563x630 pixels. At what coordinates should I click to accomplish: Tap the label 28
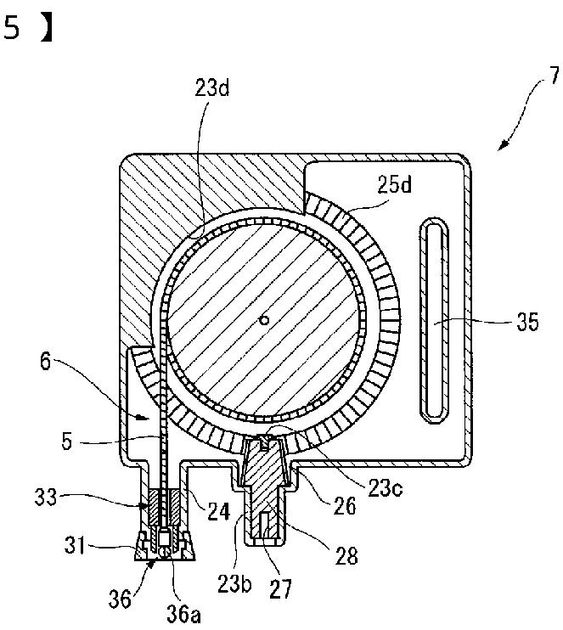coord(345,556)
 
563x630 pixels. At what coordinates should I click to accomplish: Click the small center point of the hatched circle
coord(265,320)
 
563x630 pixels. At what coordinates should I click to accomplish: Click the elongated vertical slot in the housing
coord(431,320)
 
